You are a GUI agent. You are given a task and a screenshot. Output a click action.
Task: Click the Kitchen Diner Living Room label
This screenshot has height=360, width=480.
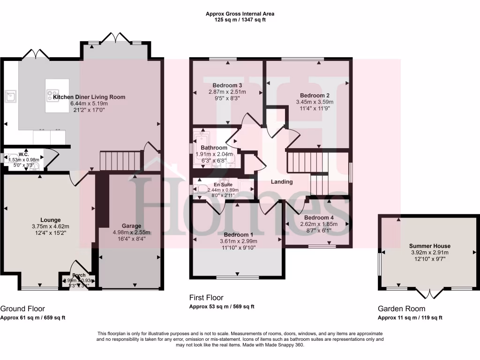coord(89,97)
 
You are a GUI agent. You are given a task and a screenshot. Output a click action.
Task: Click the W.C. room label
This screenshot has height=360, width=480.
coord(24,154)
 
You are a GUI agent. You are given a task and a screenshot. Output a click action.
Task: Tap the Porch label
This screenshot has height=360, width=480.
coord(79,275)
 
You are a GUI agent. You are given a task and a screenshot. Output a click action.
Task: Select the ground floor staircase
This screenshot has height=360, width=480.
coord(121,160)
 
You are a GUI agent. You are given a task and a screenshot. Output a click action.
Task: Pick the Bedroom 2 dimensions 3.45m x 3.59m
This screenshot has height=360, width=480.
coord(315,102)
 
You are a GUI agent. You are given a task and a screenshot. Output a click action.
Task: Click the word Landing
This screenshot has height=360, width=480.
coord(282,182)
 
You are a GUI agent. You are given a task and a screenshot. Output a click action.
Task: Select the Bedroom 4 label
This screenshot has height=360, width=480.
coord(319,218)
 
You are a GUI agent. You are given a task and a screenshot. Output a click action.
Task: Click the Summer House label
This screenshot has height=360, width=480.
coord(429,246)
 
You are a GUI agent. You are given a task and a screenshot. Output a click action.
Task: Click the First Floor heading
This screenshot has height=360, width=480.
coord(206,298)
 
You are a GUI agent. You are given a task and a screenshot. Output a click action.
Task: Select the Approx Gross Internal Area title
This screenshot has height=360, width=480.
coord(240,14)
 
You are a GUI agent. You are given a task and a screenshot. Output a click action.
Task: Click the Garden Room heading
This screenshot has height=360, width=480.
coord(402,308)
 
